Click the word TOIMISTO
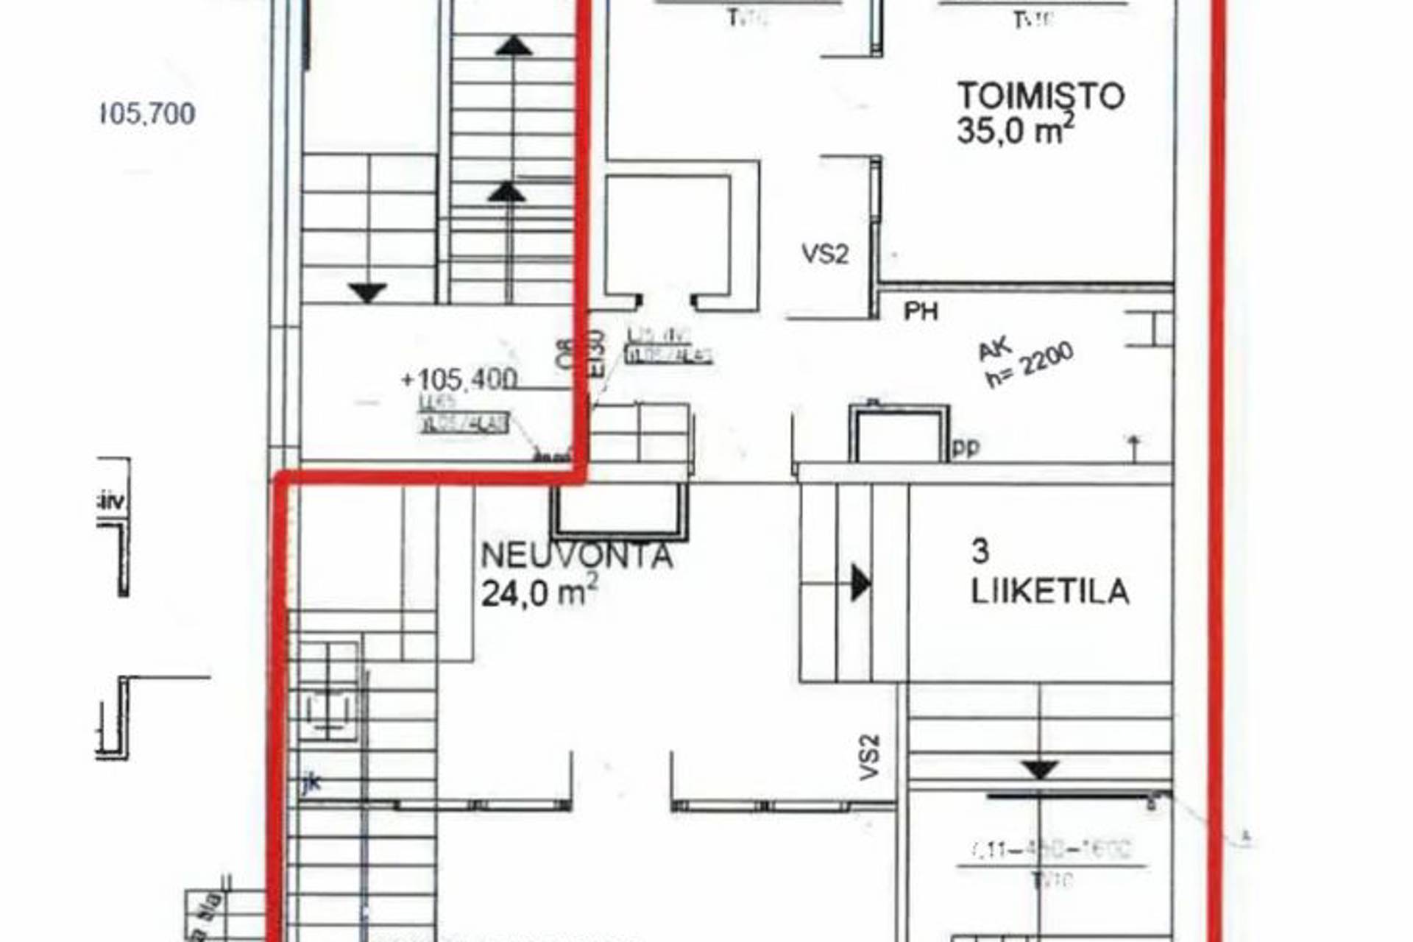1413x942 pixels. (x=1041, y=96)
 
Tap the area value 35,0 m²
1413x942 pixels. (x=1015, y=132)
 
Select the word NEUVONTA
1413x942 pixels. (x=576, y=556)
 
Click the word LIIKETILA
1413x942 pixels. (x=1050, y=592)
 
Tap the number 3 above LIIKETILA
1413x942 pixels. (x=980, y=551)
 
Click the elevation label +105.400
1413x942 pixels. (x=459, y=380)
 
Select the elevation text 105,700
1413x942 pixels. (x=147, y=114)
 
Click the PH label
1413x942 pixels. (x=921, y=312)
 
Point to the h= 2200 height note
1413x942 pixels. (x=1030, y=366)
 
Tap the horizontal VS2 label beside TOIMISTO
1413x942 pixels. (x=825, y=255)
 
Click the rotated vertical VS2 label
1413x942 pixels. (x=870, y=757)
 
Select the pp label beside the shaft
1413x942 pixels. (x=966, y=447)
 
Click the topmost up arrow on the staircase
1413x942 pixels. (x=513, y=46)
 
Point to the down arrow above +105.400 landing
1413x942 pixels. (x=367, y=293)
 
